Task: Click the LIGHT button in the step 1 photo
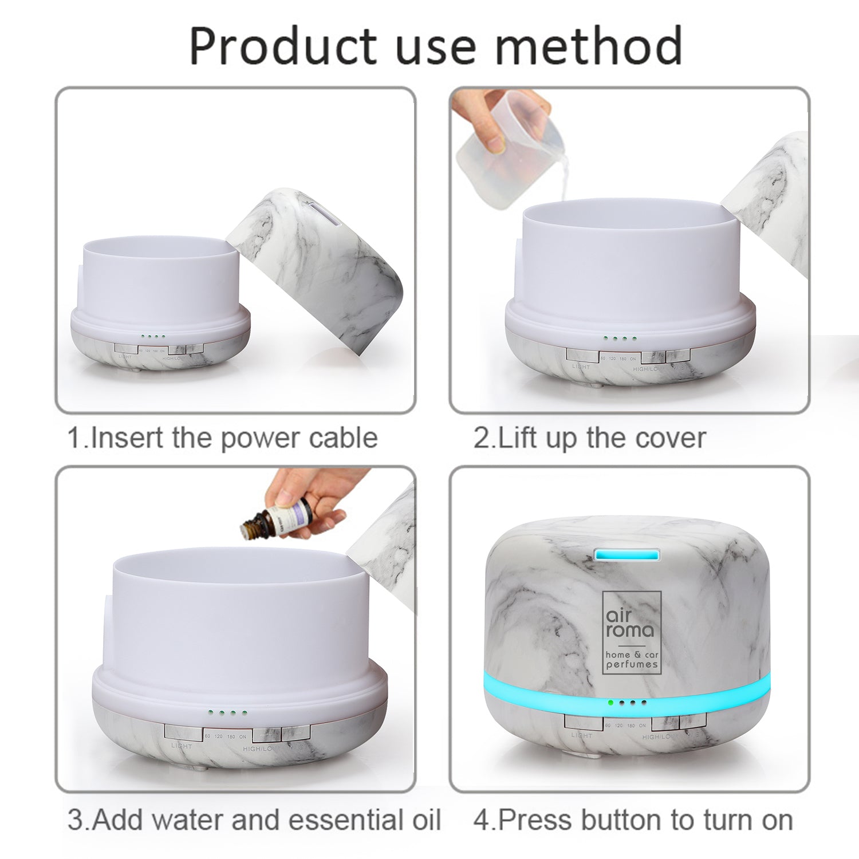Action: (x=126, y=348)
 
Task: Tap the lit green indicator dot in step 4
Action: (x=611, y=702)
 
